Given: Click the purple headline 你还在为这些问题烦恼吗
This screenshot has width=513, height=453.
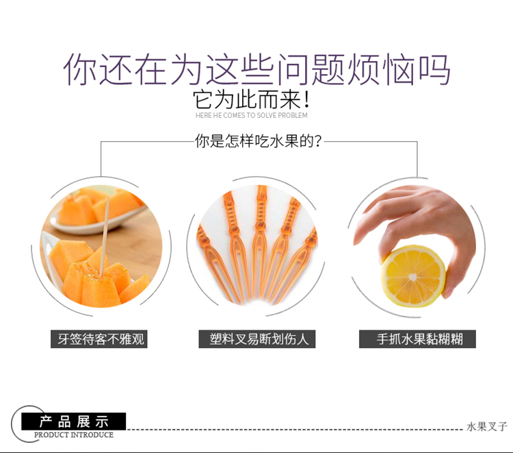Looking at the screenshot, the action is coord(256,70).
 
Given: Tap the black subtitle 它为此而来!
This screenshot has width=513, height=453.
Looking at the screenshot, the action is coord(251,99).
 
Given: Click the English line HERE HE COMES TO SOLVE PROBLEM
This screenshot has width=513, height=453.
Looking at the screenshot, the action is coord(251,115).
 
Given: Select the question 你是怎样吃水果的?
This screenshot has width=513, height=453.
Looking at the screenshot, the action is coord(258,141).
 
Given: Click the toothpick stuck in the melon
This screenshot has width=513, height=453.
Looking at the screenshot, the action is coord(104,236).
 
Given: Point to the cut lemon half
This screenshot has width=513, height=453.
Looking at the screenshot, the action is coord(413,276).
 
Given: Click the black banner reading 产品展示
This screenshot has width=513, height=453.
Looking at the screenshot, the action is coord(73,421).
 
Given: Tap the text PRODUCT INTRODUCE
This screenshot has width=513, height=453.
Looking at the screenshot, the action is coord(74,435).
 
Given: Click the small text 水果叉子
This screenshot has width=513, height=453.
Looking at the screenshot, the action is coord(487,426).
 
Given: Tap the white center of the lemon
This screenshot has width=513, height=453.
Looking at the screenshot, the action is coord(413,278).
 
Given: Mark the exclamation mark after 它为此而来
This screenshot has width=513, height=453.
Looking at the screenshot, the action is coord(306,99).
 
